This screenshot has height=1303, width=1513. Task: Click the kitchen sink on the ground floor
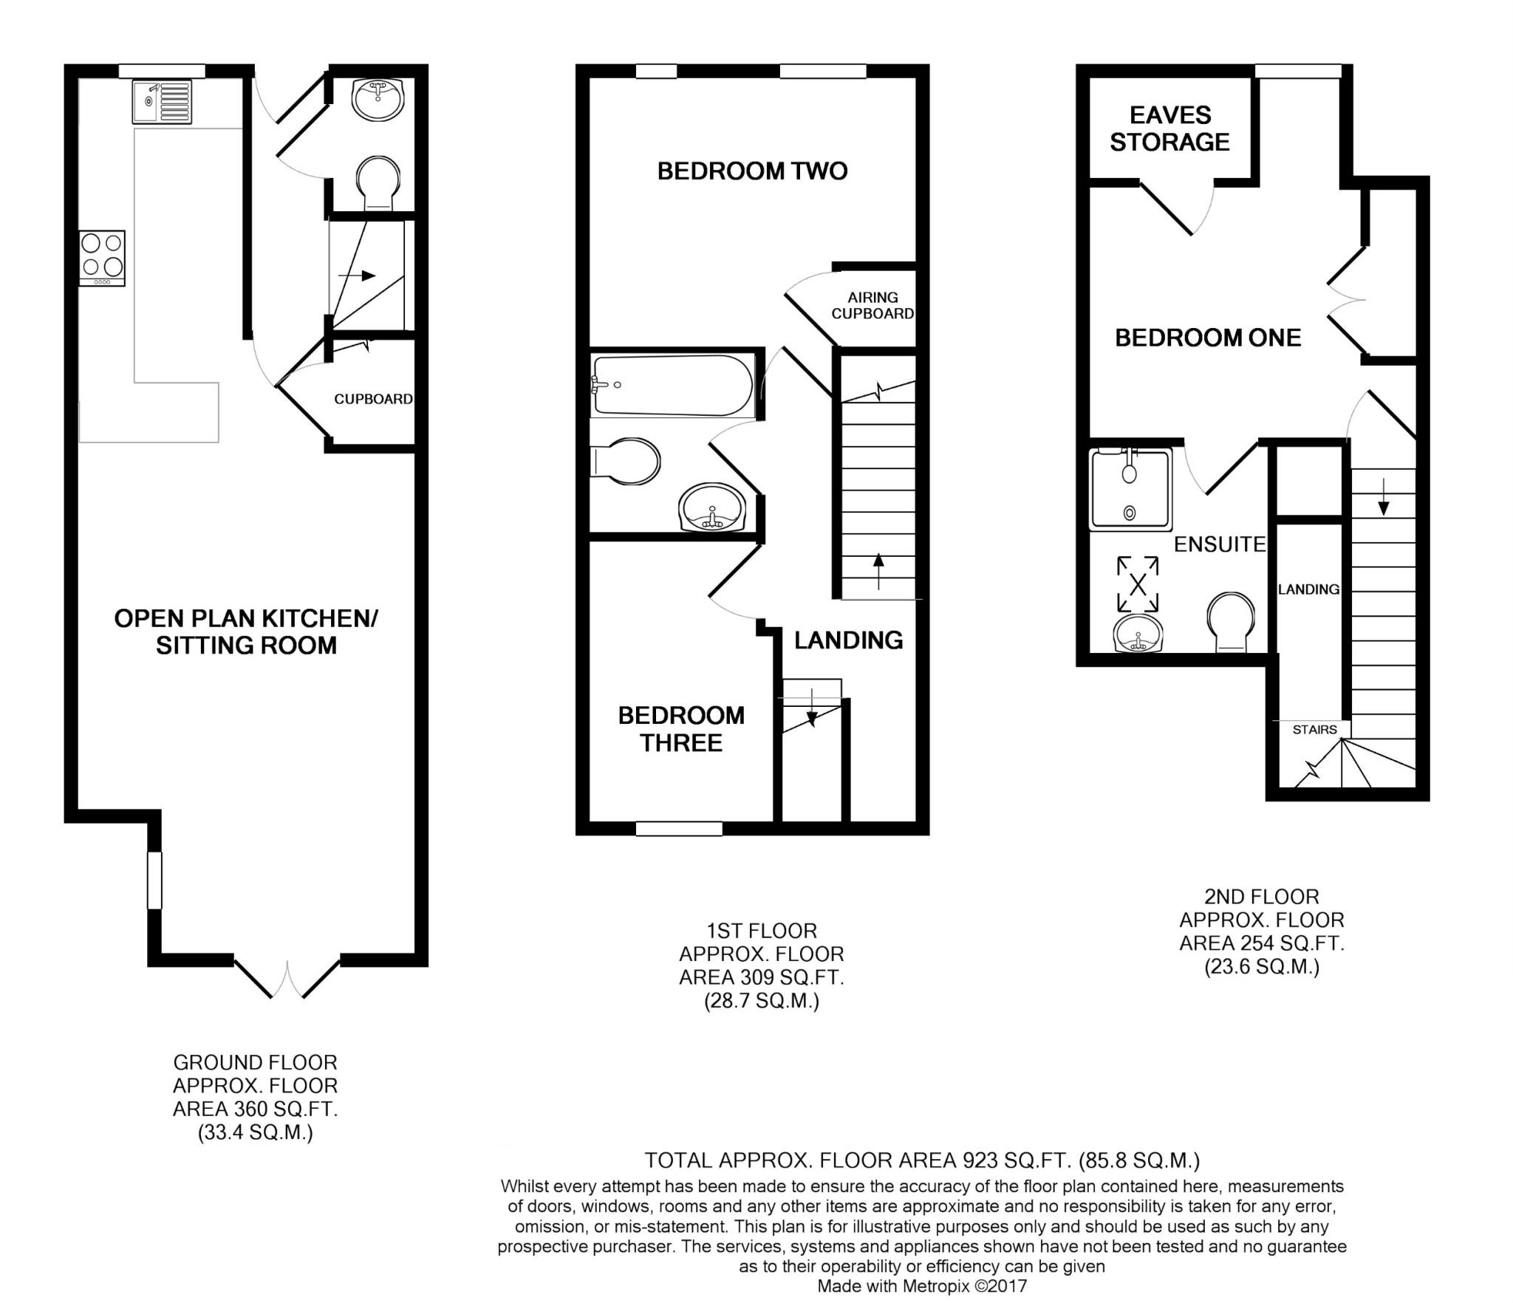coord(163,102)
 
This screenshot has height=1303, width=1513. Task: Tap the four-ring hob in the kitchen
coord(102,259)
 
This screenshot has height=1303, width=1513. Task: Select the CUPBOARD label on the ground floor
coord(373,399)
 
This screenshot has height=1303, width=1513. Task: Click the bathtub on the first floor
coord(672,385)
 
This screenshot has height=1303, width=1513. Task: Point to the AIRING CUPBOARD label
coord(872,305)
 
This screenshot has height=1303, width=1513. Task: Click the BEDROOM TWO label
coord(752,171)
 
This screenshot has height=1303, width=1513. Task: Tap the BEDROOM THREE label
coord(681,729)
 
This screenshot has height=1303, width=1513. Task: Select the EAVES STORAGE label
coord(1170,129)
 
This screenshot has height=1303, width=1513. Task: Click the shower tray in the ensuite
coord(1130,489)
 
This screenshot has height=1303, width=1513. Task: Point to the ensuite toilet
coord(1231,623)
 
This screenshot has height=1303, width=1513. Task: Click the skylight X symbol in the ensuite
coord(1138,584)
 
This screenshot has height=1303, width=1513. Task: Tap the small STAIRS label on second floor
coord(1314,730)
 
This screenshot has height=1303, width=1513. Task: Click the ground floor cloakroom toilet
coord(378,183)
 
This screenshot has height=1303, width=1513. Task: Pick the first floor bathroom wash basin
coord(712,508)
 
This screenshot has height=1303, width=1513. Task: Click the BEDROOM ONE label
coord(1208,338)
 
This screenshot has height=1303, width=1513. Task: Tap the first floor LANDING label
coord(848,640)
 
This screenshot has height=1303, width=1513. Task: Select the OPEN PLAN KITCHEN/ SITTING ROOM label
coord(246,632)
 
